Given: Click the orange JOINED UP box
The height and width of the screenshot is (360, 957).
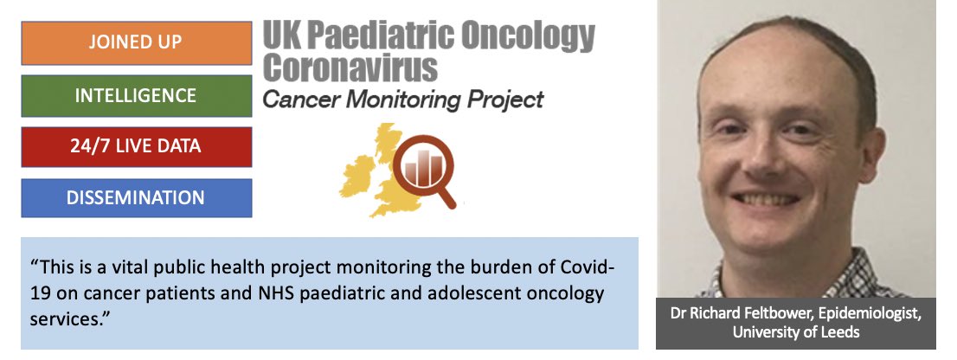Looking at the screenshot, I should (x=137, y=43).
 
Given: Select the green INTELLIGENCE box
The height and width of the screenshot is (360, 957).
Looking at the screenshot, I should (x=137, y=95).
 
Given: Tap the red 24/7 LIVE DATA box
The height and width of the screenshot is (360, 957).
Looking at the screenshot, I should (x=137, y=146).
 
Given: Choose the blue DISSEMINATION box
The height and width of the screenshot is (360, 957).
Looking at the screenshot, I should (x=137, y=197).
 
